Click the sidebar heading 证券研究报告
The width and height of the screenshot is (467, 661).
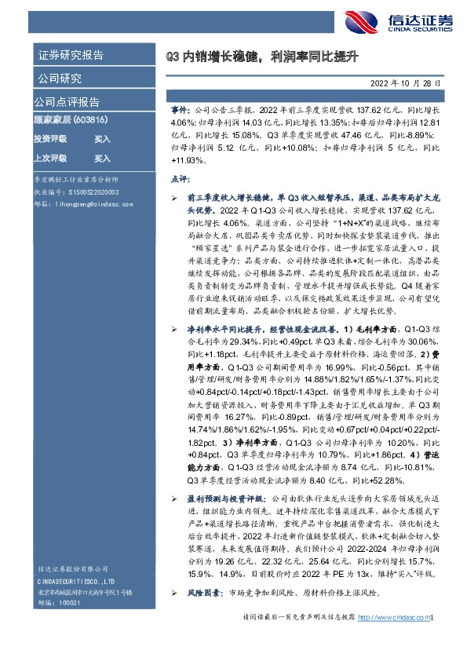coord(71,56)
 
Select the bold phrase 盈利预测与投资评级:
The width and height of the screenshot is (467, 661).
coord(224,498)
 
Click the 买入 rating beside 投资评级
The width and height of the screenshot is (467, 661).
coord(102,138)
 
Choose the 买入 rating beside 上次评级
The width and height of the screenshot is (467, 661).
coord(102,157)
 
